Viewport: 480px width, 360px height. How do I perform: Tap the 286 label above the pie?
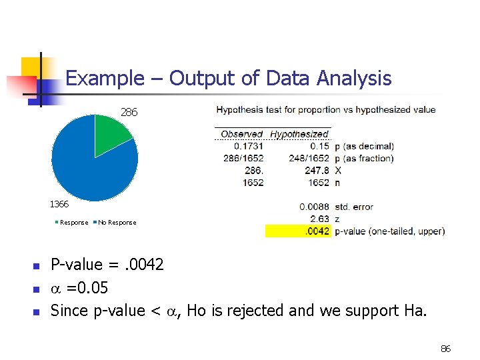[x=129, y=113]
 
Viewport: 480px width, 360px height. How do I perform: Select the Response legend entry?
[x=73, y=223]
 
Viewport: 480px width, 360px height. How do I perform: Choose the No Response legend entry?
[x=117, y=223]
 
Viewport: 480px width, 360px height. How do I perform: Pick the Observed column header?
[x=241, y=134]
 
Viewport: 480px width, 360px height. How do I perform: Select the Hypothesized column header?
[x=299, y=134]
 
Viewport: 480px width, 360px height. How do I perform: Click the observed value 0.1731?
[x=248, y=146]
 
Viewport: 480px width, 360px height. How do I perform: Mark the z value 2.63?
[x=319, y=219]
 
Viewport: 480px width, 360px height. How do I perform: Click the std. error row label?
[x=354, y=207]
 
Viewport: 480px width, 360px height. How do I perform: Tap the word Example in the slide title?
[x=103, y=79]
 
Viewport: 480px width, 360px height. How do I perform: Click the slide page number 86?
[x=446, y=349]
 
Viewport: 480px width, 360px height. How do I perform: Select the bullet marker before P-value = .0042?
[x=37, y=266]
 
